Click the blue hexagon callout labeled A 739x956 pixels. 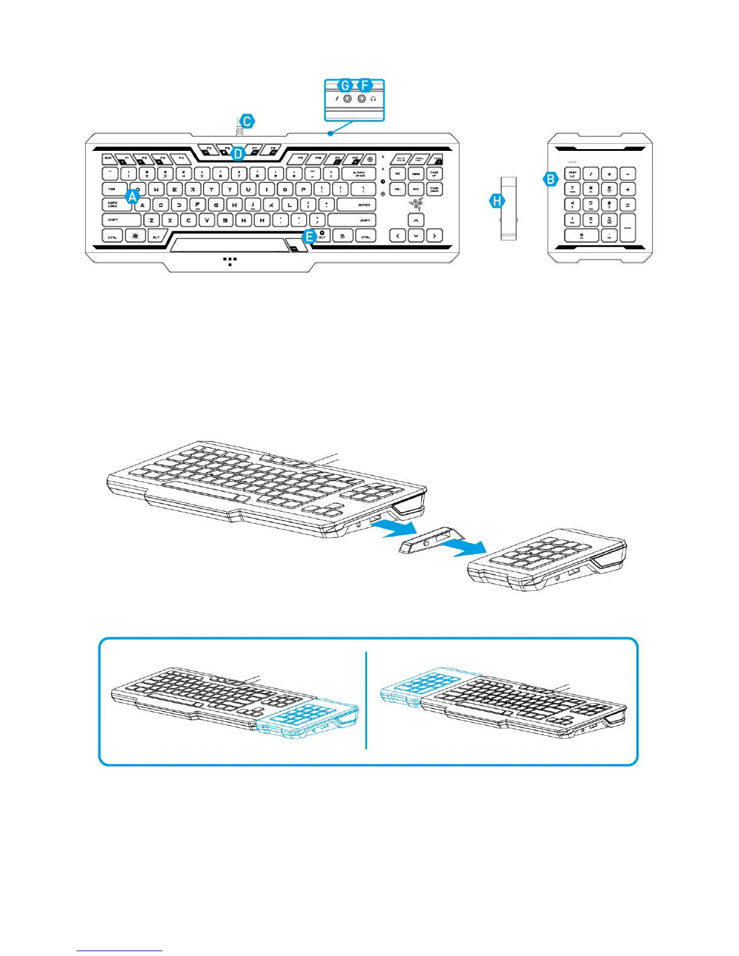point(133,196)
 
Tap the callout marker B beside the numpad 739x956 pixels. point(550,179)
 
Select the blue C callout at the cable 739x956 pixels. point(247,121)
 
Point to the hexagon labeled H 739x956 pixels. point(497,202)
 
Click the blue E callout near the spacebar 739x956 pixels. point(309,236)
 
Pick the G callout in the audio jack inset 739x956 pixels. point(345,85)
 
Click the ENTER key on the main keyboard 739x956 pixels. point(356,205)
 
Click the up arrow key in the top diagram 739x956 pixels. point(416,220)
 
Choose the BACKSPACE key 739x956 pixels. point(359,174)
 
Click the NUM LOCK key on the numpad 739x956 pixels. point(572,174)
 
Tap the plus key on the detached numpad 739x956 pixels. point(628,189)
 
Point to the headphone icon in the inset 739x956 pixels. point(374,98)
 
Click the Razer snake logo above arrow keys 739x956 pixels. point(416,203)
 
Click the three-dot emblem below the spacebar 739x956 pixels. point(229,261)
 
